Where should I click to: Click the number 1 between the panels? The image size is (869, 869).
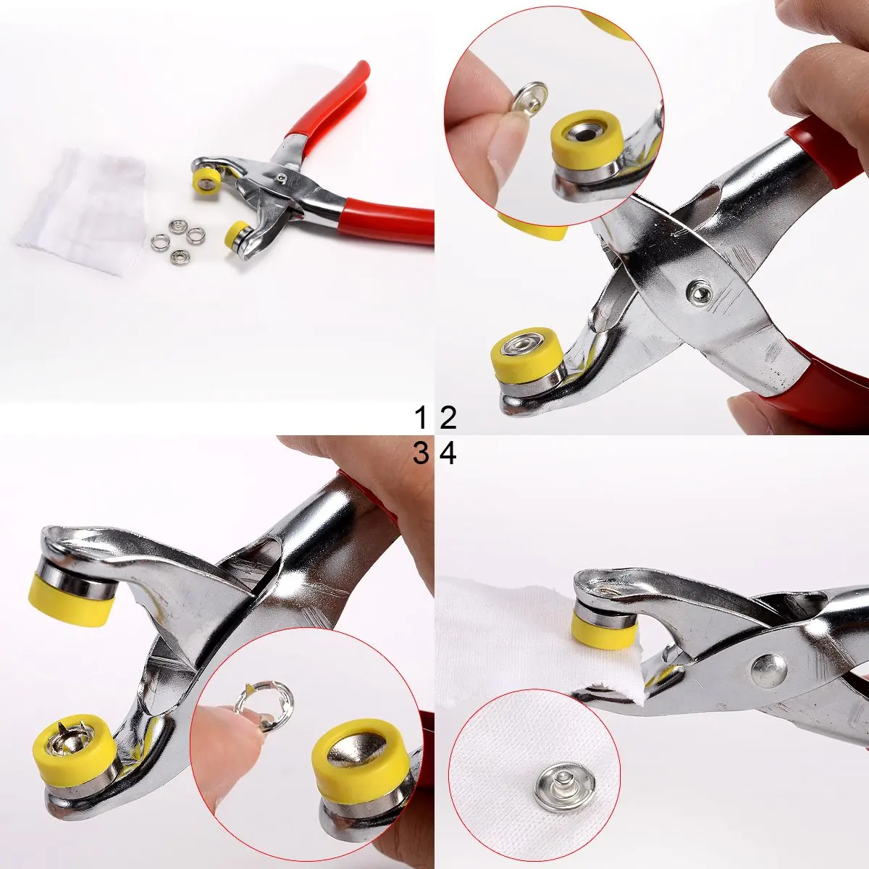[x=421, y=418]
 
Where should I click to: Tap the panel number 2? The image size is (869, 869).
[x=448, y=418]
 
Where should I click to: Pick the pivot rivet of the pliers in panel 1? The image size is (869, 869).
[x=282, y=177]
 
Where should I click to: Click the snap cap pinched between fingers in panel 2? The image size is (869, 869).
[x=529, y=100]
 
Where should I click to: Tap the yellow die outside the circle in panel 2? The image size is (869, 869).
[x=529, y=351]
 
